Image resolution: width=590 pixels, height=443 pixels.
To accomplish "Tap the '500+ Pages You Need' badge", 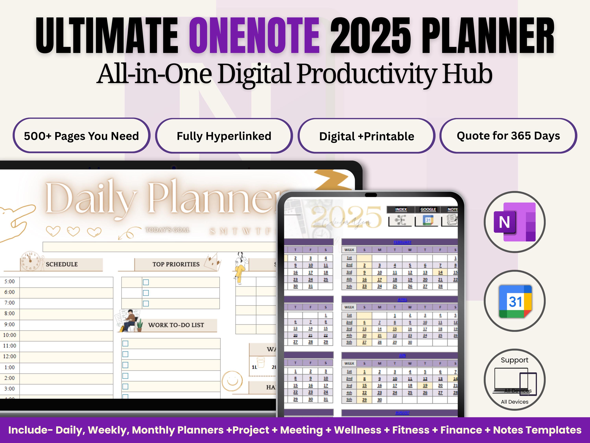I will (81, 136).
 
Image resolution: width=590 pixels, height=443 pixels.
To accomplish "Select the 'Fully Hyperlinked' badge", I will (224, 136).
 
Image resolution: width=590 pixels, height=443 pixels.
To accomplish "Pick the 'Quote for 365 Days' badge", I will (508, 136).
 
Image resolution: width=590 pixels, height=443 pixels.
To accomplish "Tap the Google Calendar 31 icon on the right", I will (515, 301).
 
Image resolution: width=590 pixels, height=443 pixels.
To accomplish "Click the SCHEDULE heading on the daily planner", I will (62, 264).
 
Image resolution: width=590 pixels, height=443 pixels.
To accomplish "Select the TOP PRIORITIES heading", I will (176, 264).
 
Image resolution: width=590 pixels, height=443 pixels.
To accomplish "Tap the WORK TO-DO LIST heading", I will (176, 325).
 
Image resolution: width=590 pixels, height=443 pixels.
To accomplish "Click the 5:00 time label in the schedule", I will (10, 281).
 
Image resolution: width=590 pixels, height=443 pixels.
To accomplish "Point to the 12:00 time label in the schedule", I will (10, 356).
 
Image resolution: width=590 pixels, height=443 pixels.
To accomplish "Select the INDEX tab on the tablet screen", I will (401, 209).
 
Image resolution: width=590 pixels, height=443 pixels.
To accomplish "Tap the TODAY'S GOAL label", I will (168, 230).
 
